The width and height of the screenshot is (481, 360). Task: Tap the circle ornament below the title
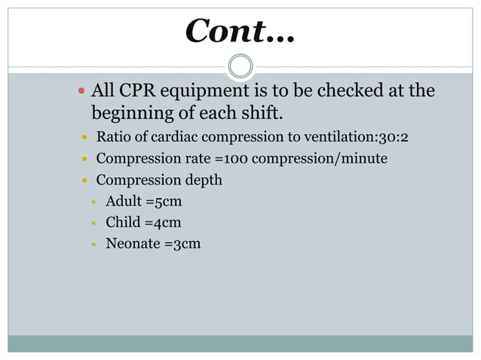coord(240,66)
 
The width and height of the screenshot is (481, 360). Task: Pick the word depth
coord(204,181)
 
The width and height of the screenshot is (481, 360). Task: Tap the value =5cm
coord(164,202)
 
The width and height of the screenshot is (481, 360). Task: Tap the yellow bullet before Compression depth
coord(85,181)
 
